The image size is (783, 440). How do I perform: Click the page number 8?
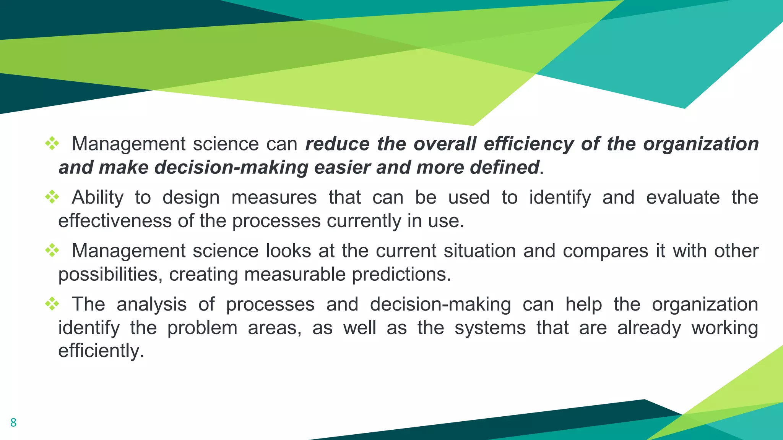(13, 422)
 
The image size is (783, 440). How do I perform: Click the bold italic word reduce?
(338, 144)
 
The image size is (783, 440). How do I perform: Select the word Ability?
(97, 198)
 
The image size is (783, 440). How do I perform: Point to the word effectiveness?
(115, 221)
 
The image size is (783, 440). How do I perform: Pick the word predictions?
(401, 274)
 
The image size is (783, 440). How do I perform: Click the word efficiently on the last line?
(101, 351)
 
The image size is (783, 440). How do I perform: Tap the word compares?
(605, 251)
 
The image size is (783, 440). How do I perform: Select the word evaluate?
(683, 197)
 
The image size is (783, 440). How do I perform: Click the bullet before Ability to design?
(52, 197)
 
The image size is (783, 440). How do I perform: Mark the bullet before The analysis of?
(52, 304)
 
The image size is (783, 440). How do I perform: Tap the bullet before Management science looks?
(52, 251)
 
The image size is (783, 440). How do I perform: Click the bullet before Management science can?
(52, 144)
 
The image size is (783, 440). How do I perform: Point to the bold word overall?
(445, 144)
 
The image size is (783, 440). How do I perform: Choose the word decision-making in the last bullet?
(440, 305)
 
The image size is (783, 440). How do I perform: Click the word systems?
(490, 328)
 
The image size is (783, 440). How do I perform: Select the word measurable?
(295, 274)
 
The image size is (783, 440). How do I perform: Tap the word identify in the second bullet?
(560, 198)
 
